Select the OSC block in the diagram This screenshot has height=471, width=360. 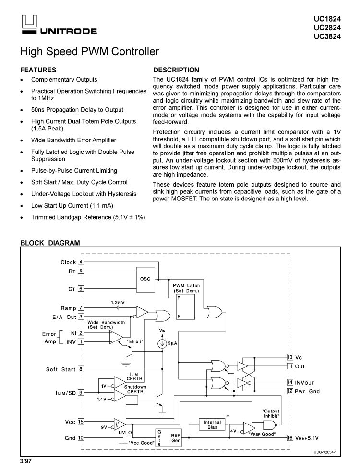click(x=144, y=279)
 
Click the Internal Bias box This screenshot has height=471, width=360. click(x=213, y=424)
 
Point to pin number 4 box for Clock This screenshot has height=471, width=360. click(x=81, y=262)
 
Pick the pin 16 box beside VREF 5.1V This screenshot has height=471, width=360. click(x=290, y=437)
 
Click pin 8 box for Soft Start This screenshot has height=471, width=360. click(x=81, y=369)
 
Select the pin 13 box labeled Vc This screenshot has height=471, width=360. click(x=290, y=357)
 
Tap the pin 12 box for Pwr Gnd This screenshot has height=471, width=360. click(x=290, y=391)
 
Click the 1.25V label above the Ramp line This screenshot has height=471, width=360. click(x=118, y=303)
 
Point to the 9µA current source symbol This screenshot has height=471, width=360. click(x=163, y=343)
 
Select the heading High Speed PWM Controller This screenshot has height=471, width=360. click(x=89, y=51)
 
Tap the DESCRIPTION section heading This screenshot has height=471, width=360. click(x=175, y=70)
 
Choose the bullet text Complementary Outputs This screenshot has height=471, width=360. click(x=64, y=80)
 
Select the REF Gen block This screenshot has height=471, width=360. click(x=176, y=438)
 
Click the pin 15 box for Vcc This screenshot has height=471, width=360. click(x=81, y=422)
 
